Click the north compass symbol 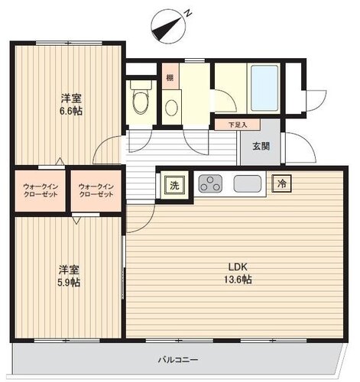[x=167, y=25]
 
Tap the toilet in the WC [x=141, y=98]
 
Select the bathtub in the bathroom [x=264, y=88]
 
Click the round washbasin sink [x=172, y=108]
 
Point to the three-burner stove [x=210, y=183]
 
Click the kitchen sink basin [x=248, y=184]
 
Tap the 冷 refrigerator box [x=281, y=183]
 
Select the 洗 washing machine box [x=174, y=185]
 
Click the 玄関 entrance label [x=261, y=146]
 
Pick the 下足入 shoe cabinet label [x=238, y=125]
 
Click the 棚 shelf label [x=170, y=77]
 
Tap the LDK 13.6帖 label [x=238, y=274]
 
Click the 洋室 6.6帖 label [x=71, y=105]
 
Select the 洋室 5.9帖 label [x=69, y=276]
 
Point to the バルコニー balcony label [x=178, y=360]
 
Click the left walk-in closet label [x=41, y=190]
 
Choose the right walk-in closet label [x=96, y=190]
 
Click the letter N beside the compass [x=188, y=13]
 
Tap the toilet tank [x=141, y=85]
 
